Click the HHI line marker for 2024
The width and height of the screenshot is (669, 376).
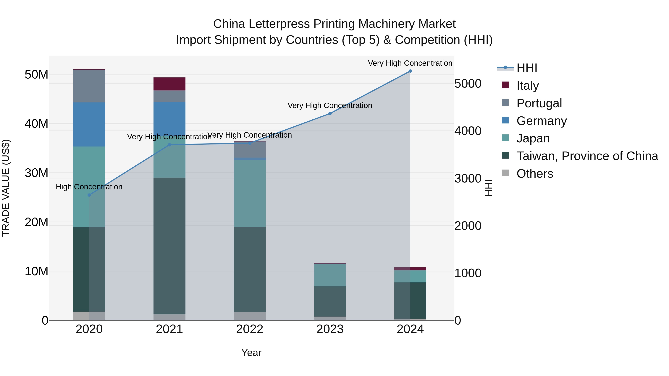coord(410,71)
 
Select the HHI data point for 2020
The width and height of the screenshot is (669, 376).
coord(89,195)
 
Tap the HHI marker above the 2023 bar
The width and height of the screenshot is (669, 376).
coord(330,113)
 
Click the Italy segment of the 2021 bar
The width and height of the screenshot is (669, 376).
coord(169,84)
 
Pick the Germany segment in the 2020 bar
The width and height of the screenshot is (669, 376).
coord(89,125)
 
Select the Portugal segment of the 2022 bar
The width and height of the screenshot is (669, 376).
coord(250,150)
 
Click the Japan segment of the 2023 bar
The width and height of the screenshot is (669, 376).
coord(330,275)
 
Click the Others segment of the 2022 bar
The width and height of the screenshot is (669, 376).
coord(250,316)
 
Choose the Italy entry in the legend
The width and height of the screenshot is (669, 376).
coord(527,85)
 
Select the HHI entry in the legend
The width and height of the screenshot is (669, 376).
coord(527,68)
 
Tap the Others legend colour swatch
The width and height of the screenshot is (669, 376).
coord(505,173)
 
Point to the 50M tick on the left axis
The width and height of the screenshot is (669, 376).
coord(36,75)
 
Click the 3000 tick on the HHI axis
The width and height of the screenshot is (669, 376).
coord(468,178)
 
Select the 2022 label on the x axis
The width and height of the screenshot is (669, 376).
coord(250,329)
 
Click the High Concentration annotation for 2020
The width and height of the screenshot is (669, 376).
coord(89,187)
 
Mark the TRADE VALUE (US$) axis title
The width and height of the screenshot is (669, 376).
coord(6,188)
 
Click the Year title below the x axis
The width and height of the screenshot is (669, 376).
coord(251,353)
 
